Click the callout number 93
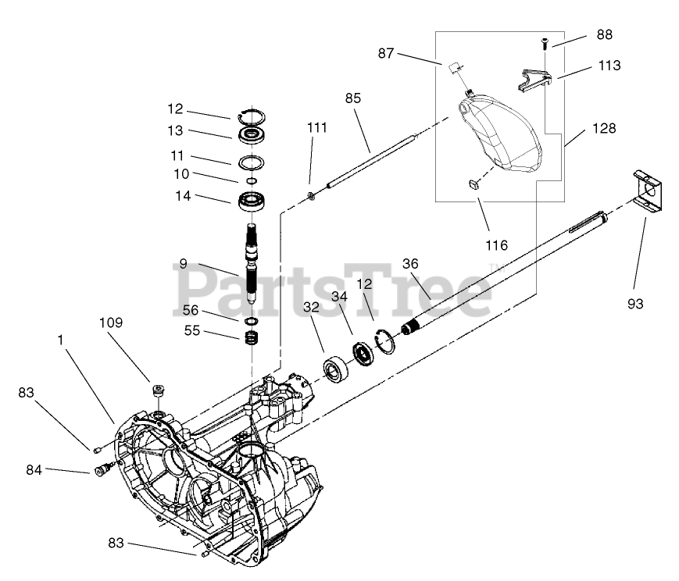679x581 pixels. tap(635, 304)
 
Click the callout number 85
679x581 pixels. tap(353, 98)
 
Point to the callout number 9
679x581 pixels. tap(182, 264)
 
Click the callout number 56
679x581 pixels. tap(190, 310)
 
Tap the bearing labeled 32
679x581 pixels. tap(337, 369)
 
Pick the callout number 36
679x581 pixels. tap(410, 264)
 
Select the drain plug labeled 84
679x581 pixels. tap(100, 471)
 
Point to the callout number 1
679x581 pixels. tap(60, 340)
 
